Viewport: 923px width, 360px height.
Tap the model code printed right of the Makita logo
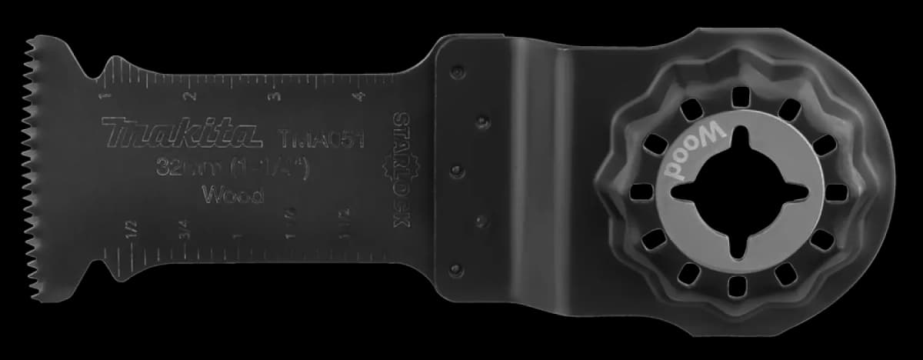[x=318, y=139]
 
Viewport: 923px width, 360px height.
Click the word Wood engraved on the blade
[x=232, y=195]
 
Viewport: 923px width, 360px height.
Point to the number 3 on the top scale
[x=275, y=96]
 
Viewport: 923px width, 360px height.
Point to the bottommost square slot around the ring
[x=737, y=285]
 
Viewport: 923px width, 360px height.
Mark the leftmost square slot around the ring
[x=638, y=191]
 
